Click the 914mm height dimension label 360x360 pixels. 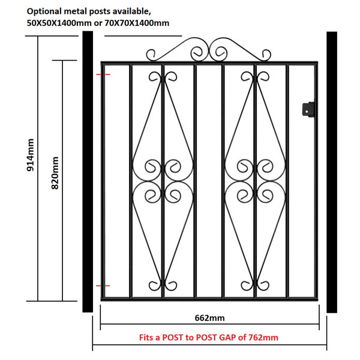[31, 155]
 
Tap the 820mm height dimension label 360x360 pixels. [55, 173]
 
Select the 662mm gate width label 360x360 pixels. [209, 318]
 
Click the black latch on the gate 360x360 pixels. [308, 110]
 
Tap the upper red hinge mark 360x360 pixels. [103, 74]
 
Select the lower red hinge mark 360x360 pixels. [103, 286]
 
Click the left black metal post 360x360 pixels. [88, 172]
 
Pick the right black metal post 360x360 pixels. [332, 172]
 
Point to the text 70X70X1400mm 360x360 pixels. [137, 23]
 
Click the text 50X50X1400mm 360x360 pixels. [59, 23]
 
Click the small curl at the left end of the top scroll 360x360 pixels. [151, 55]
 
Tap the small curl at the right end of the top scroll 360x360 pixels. [266, 55]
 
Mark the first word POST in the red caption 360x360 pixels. [173, 337]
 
